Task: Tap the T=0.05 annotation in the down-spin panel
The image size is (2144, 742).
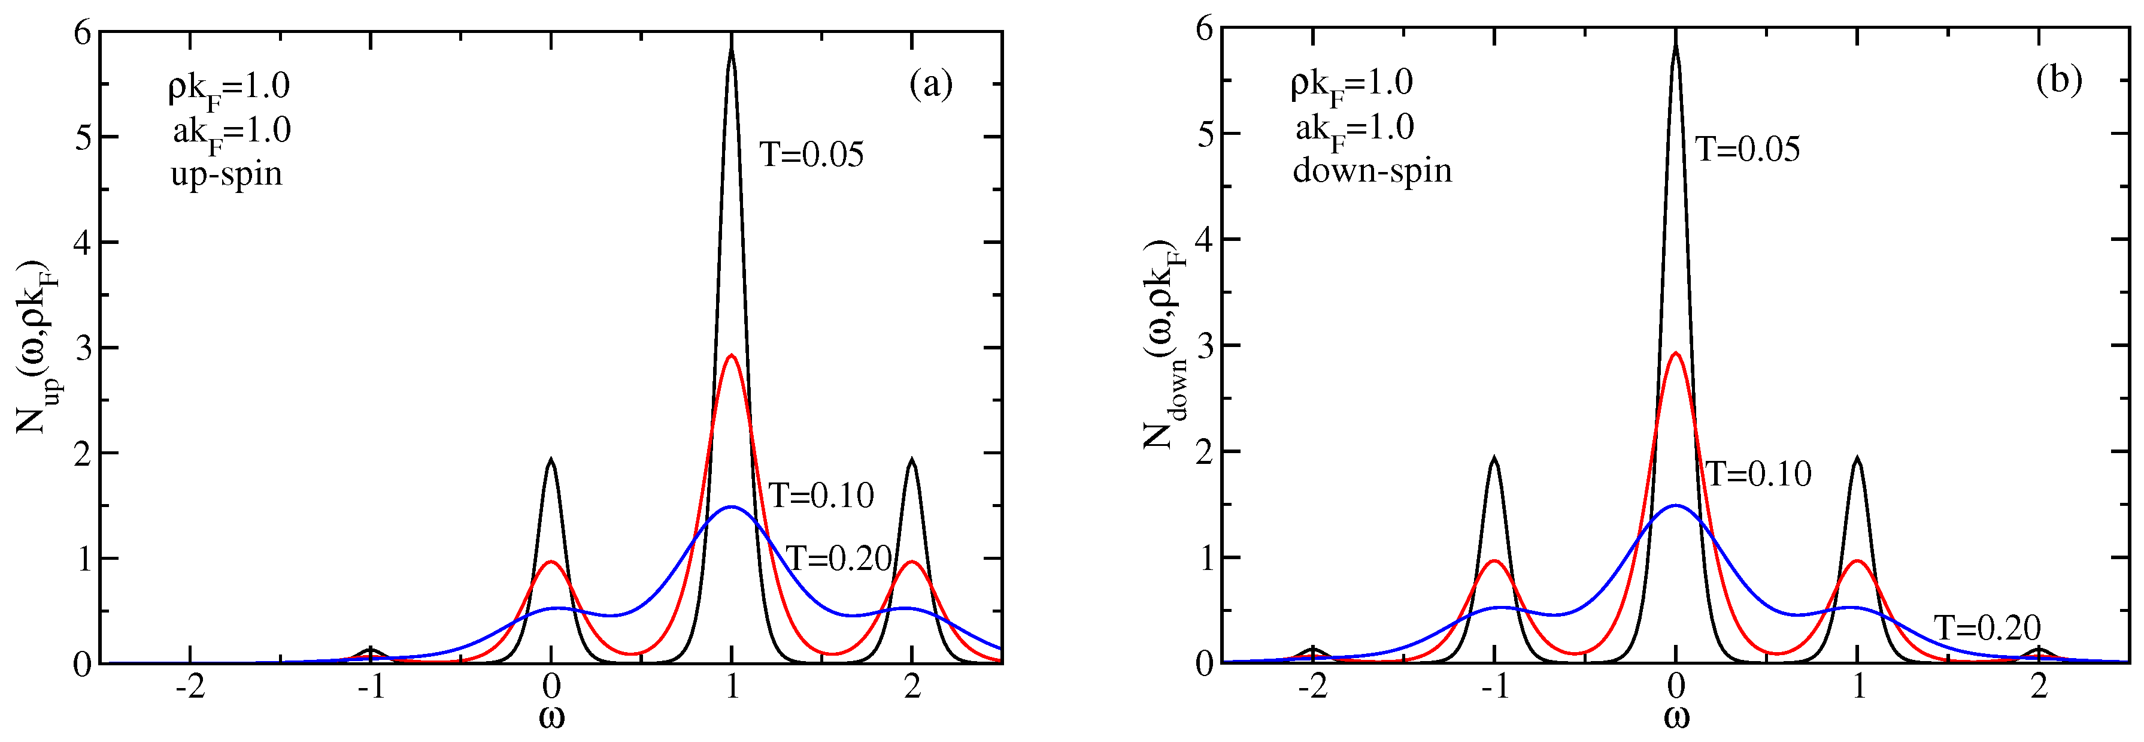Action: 1748,150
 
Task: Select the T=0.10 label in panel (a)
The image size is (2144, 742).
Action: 821,496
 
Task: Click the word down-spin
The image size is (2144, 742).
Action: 1372,171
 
